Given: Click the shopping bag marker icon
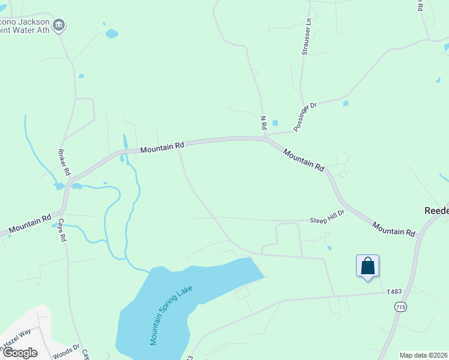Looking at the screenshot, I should [x=367, y=266].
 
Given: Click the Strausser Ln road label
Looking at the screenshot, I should [x=306, y=36].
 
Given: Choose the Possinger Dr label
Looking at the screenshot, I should [x=305, y=116].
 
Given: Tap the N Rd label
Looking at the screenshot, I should [x=263, y=123].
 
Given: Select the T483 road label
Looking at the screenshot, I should [x=394, y=292].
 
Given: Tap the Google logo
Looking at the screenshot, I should [x=20, y=353].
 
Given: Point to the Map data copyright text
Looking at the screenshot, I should [x=423, y=355].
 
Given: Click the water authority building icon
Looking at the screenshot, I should [x=59, y=25].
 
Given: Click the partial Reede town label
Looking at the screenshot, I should [x=436, y=211].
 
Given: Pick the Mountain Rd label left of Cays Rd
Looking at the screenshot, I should [x=28, y=224].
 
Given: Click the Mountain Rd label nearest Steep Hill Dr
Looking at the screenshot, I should [x=393, y=228].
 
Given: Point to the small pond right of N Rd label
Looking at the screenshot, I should [x=275, y=123].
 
